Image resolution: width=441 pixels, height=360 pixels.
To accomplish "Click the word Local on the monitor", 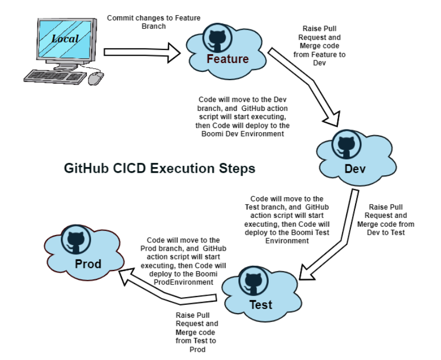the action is click(65, 39).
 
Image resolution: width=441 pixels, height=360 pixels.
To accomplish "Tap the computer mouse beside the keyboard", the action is click(96, 78).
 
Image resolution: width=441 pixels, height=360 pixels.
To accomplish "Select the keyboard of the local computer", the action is click(55, 76).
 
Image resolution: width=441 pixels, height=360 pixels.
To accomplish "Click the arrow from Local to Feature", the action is click(142, 53).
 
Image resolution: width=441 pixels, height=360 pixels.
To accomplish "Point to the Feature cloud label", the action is click(228, 59).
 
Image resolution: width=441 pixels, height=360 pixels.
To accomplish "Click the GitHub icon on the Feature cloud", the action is click(217, 37).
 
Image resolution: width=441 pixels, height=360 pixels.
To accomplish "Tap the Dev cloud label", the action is click(355, 169).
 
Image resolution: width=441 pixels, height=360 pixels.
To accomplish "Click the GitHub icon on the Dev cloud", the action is click(346, 145).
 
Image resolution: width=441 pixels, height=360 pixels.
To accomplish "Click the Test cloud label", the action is click(261, 305).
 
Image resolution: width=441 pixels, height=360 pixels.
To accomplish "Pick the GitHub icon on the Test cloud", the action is click(254, 280).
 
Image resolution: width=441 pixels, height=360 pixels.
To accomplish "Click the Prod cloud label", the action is click(88, 264).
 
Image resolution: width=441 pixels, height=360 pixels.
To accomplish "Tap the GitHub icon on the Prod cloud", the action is click(76, 239).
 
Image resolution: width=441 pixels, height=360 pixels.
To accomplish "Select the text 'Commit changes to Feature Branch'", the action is click(154, 22).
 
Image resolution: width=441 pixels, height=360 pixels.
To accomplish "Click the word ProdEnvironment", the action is click(183, 282).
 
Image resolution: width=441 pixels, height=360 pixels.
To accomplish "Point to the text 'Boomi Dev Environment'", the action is click(243, 134).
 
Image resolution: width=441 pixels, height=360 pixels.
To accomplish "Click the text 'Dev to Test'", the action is click(386, 233).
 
